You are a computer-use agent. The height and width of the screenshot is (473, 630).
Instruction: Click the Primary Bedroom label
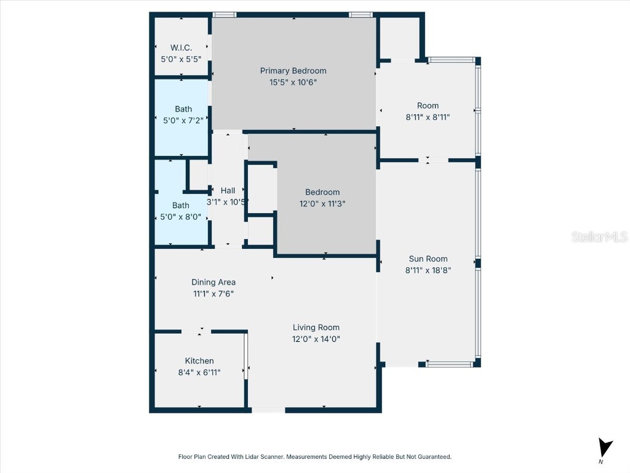pos(293,71)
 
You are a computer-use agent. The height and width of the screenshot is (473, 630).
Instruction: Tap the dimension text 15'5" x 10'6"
pos(293,82)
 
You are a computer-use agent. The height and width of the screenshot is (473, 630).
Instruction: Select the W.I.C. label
pos(181,48)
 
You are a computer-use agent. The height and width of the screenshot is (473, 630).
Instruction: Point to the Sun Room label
pos(428,259)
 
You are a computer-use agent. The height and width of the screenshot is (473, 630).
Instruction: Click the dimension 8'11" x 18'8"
pos(428,270)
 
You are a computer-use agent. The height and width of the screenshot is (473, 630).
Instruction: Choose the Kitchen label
pos(199,361)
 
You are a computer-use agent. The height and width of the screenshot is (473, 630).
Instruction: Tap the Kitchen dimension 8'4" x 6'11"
pos(199,372)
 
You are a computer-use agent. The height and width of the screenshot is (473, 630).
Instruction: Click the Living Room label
pos(316,328)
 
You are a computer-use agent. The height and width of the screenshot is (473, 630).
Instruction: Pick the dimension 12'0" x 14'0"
pos(316,339)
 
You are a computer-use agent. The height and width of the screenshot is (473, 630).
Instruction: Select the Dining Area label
pos(213,283)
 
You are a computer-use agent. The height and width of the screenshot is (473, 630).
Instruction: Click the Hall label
pos(228,190)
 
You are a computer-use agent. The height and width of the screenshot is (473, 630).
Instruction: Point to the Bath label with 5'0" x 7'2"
pos(183,109)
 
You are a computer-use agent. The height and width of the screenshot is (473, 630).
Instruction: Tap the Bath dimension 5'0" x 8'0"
pos(181,216)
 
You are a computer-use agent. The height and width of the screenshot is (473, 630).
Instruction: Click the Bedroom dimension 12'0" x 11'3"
pos(322,203)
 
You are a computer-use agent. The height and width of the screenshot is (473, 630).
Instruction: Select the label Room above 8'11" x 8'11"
pos(428,105)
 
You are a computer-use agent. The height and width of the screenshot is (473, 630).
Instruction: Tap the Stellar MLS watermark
pos(599,237)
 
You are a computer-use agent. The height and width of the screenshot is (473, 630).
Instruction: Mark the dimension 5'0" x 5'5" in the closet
pos(181,59)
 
